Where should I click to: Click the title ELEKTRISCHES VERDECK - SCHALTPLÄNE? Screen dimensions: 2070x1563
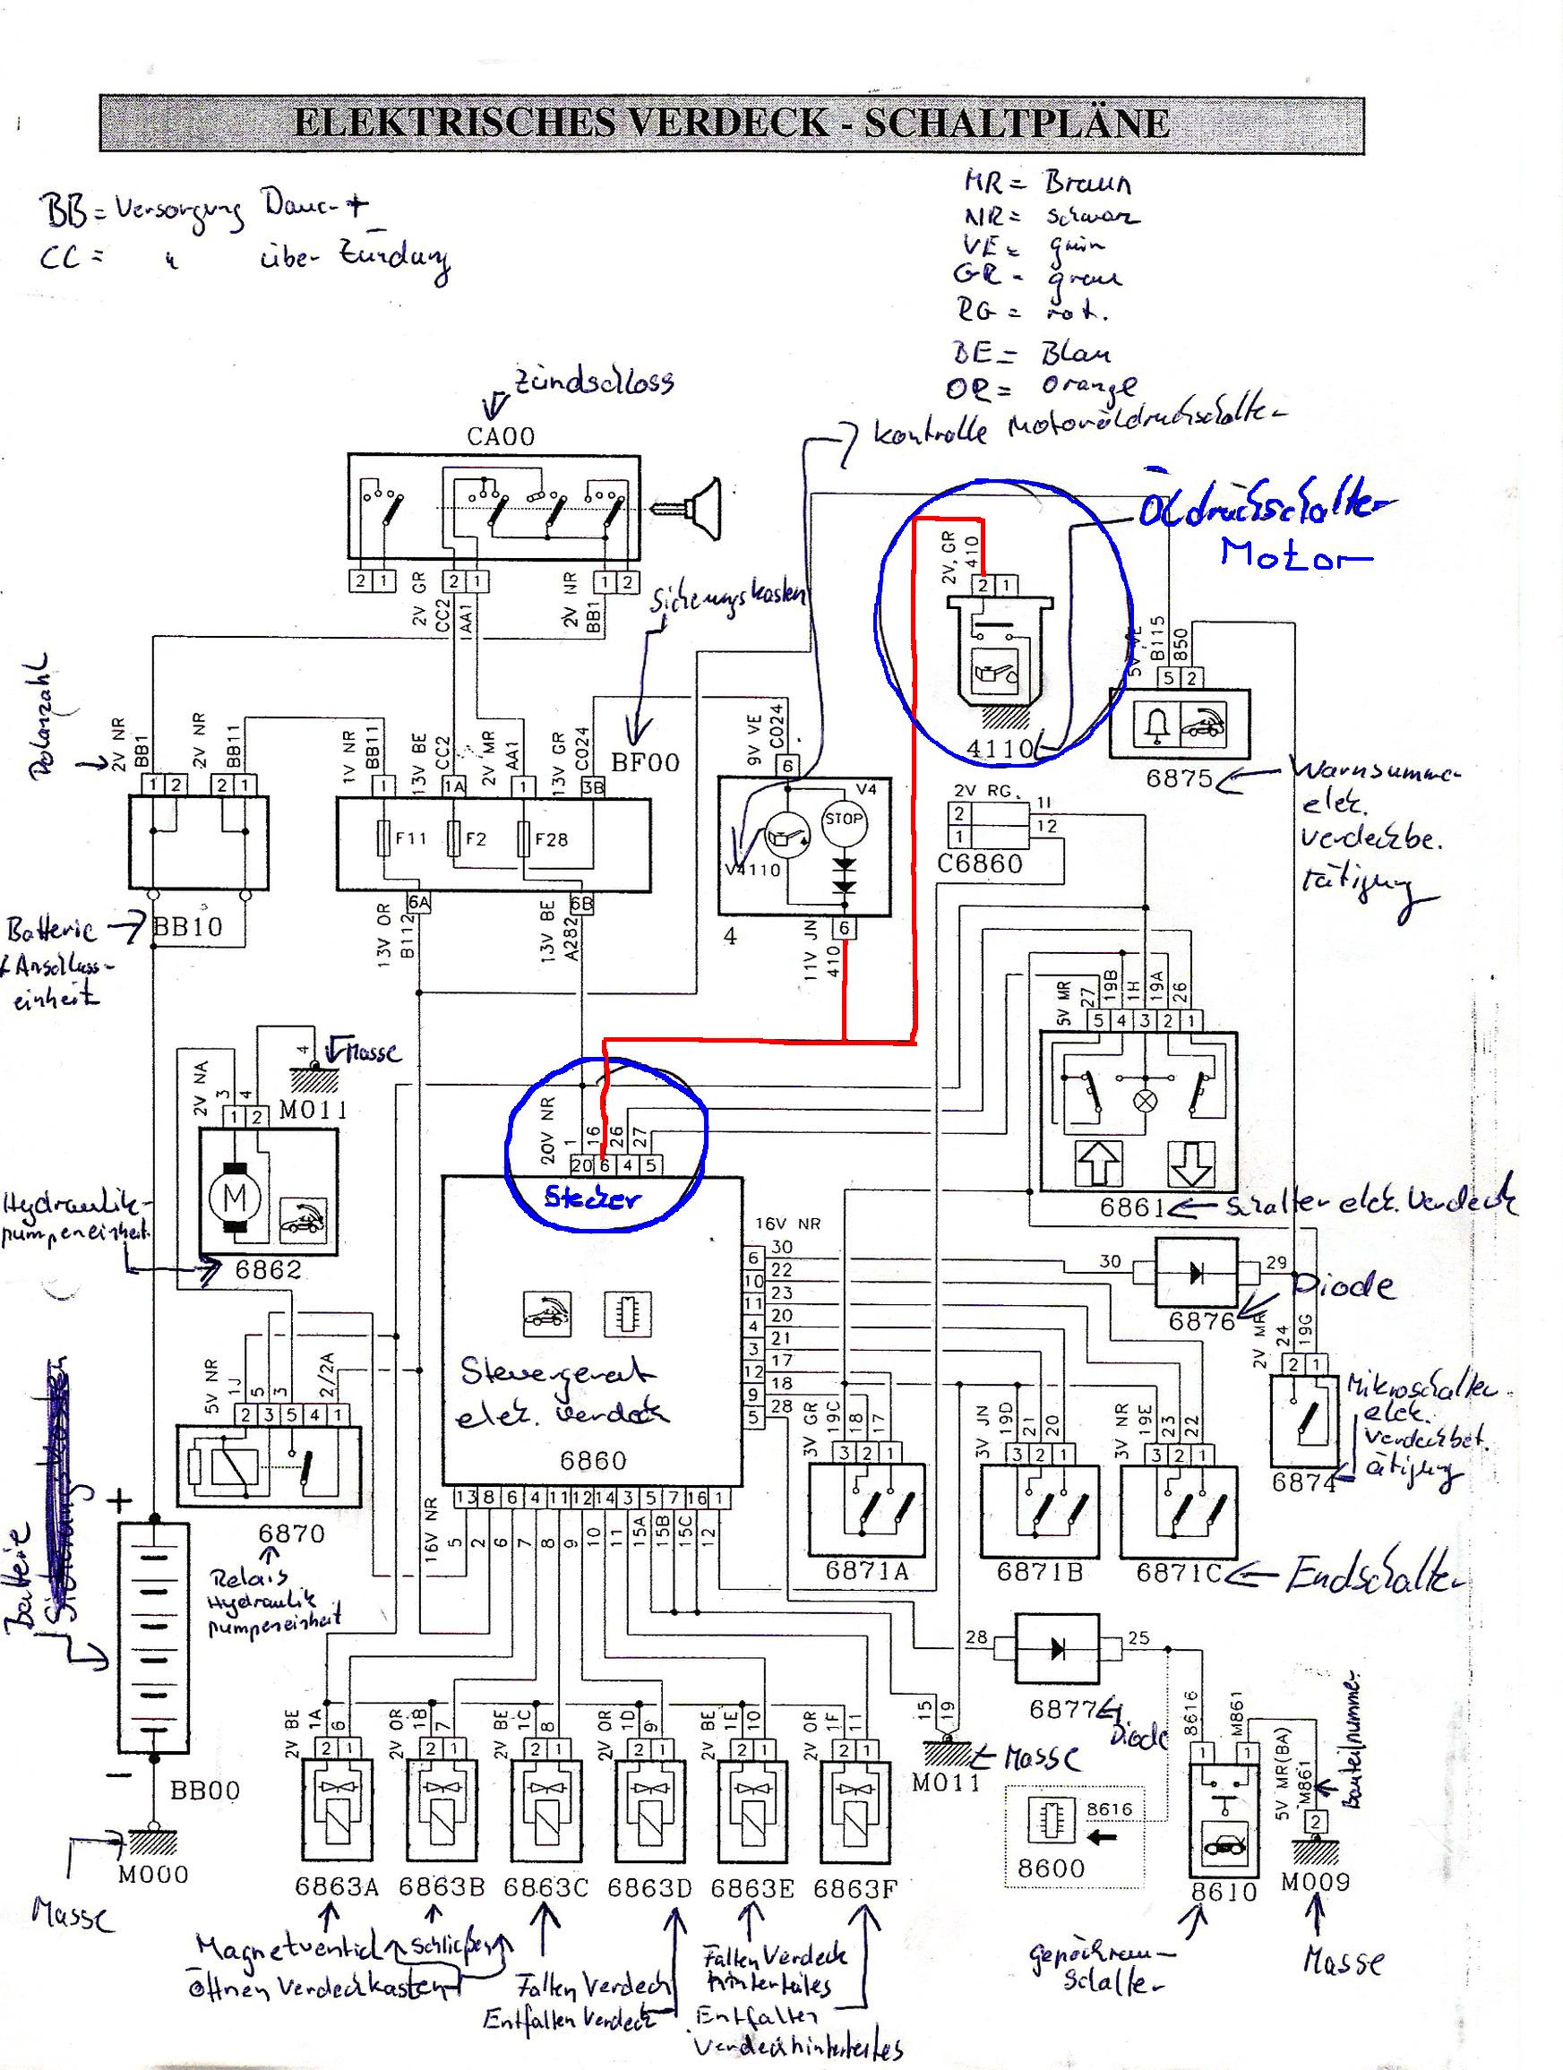[731, 123]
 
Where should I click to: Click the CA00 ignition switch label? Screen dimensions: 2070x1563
[501, 436]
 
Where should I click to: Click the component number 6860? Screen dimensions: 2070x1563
[592, 1461]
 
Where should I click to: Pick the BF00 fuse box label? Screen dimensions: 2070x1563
[646, 761]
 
